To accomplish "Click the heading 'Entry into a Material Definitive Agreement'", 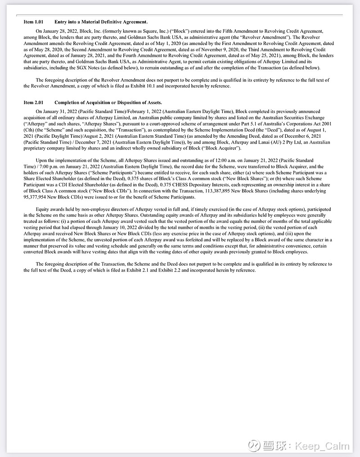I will coord(101,22).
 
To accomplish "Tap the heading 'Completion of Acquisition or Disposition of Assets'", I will coord(108,103).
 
